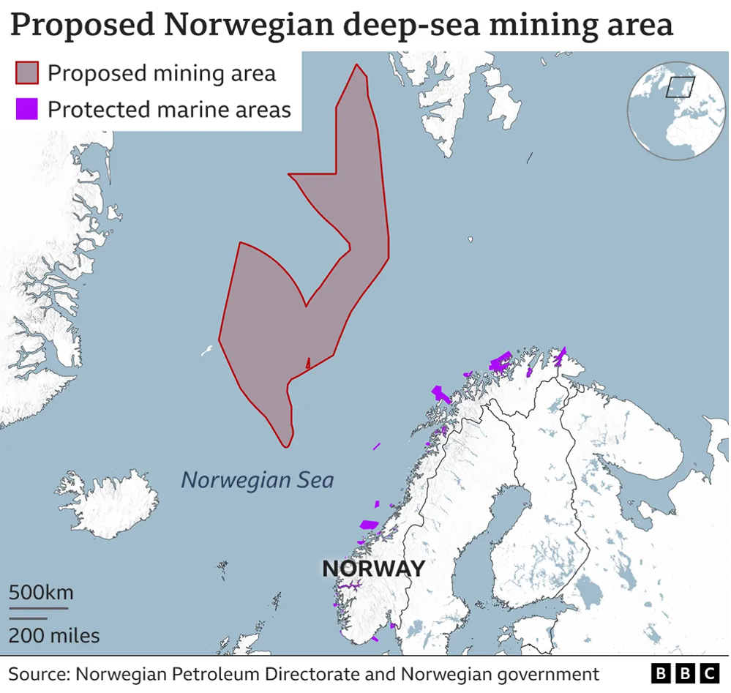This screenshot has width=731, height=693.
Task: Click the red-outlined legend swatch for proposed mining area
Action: (26, 73)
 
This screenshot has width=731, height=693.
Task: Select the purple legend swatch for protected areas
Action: (26, 110)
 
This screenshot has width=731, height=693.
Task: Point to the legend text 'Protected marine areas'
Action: (169, 110)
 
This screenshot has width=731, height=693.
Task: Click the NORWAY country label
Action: (373, 568)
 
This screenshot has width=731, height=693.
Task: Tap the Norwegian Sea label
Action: (258, 480)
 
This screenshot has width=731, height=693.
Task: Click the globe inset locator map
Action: (675, 110)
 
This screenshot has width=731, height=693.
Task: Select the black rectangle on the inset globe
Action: (680, 87)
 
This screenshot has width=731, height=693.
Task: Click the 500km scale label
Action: (41, 591)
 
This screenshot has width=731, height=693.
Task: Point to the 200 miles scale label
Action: (54, 634)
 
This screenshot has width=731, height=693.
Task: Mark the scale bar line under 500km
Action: (38, 607)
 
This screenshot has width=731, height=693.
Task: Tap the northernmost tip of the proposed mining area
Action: (356, 65)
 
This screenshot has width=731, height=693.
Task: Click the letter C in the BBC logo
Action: (709, 673)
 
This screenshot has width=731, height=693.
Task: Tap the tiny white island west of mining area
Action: (207, 351)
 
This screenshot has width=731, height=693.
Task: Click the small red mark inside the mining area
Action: (308, 362)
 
